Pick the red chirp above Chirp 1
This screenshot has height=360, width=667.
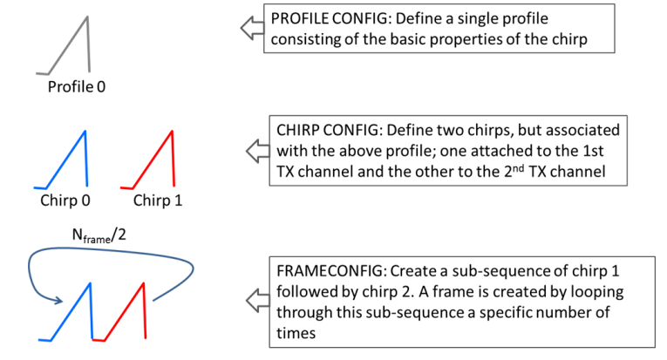(x=158, y=161)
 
